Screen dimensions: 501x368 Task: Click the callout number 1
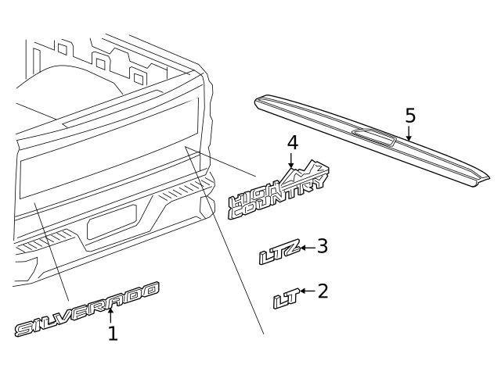pyautogui.click(x=113, y=334)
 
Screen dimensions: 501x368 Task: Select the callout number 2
pyautogui.click(x=323, y=291)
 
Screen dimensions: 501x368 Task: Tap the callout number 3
pyautogui.click(x=323, y=246)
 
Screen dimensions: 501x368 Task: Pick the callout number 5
pyautogui.click(x=410, y=116)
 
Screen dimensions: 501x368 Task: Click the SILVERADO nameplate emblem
pyautogui.click(x=87, y=309)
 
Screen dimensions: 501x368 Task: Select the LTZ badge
pyautogui.click(x=279, y=252)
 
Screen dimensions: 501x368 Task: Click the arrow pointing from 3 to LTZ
pyautogui.click(x=308, y=248)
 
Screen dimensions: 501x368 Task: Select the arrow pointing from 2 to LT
pyautogui.click(x=308, y=291)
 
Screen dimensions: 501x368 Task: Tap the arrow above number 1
pyautogui.click(x=110, y=316)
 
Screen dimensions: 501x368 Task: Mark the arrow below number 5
pyautogui.click(x=409, y=133)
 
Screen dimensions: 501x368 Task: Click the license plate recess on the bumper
pyautogui.click(x=111, y=222)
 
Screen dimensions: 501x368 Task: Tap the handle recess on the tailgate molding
pyautogui.click(x=374, y=138)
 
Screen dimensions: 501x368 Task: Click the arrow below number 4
pyautogui.click(x=290, y=160)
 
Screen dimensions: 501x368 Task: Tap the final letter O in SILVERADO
pyautogui.click(x=150, y=290)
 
